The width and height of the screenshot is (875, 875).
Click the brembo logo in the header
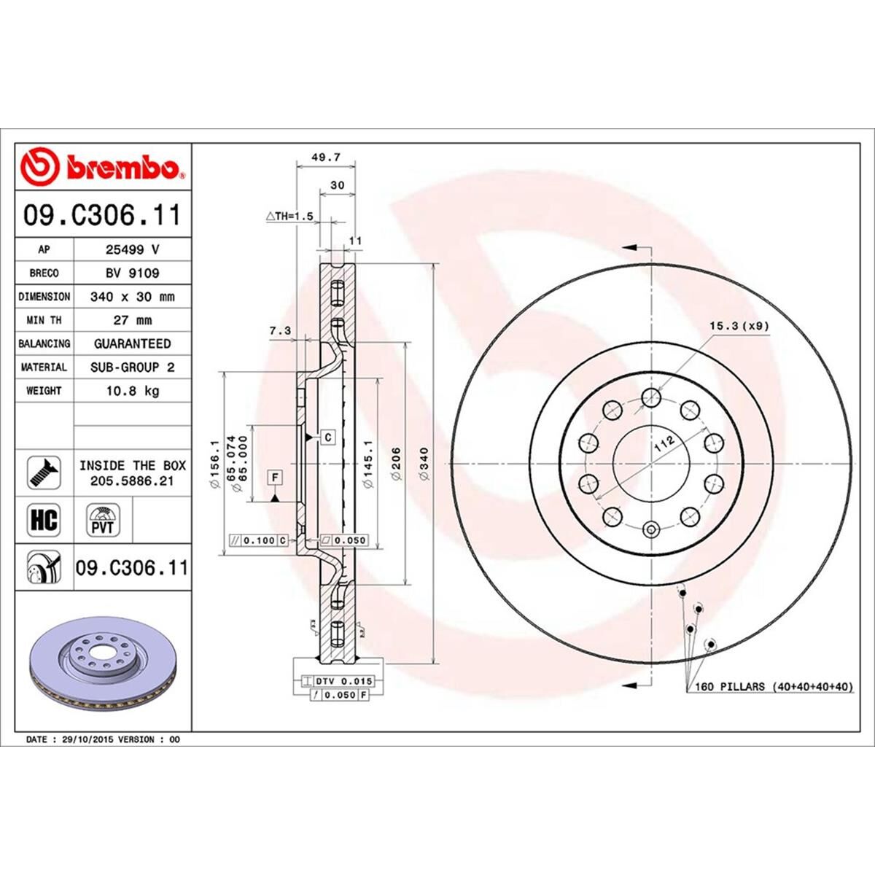click(x=102, y=166)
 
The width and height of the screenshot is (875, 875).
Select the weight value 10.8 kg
click(x=133, y=391)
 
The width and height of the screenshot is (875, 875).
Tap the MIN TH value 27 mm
click(x=133, y=320)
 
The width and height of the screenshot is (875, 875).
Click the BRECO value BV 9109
click(x=133, y=273)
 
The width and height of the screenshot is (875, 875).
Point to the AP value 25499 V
click(x=133, y=249)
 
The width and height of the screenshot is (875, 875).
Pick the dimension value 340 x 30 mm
click(x=133, y=297)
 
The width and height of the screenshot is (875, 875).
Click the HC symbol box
click(x=44, y=520)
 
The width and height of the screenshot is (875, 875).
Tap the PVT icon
click(x=103, y=520)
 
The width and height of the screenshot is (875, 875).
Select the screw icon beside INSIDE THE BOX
click(x=44, y=473)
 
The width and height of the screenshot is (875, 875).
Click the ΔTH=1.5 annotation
click(x=289, y=217)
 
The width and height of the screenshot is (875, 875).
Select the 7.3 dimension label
click(x=279, y=331)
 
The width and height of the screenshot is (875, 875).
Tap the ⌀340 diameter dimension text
click(x=424, y=463)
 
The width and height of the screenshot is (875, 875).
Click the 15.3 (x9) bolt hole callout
click(x=739, y=326)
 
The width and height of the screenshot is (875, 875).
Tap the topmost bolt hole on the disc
click(x=650, y=397)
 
